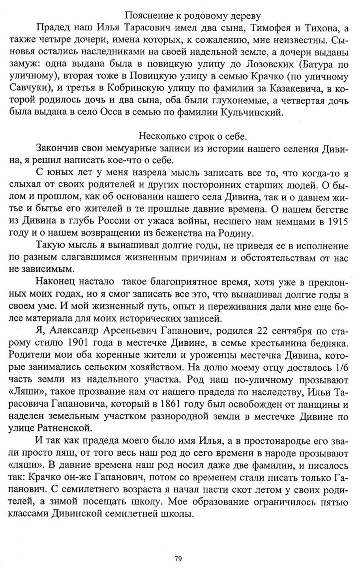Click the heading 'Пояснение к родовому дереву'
[x=193, y=16]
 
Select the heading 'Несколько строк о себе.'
[x=193, y=136]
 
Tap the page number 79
[x=177, y=559]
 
